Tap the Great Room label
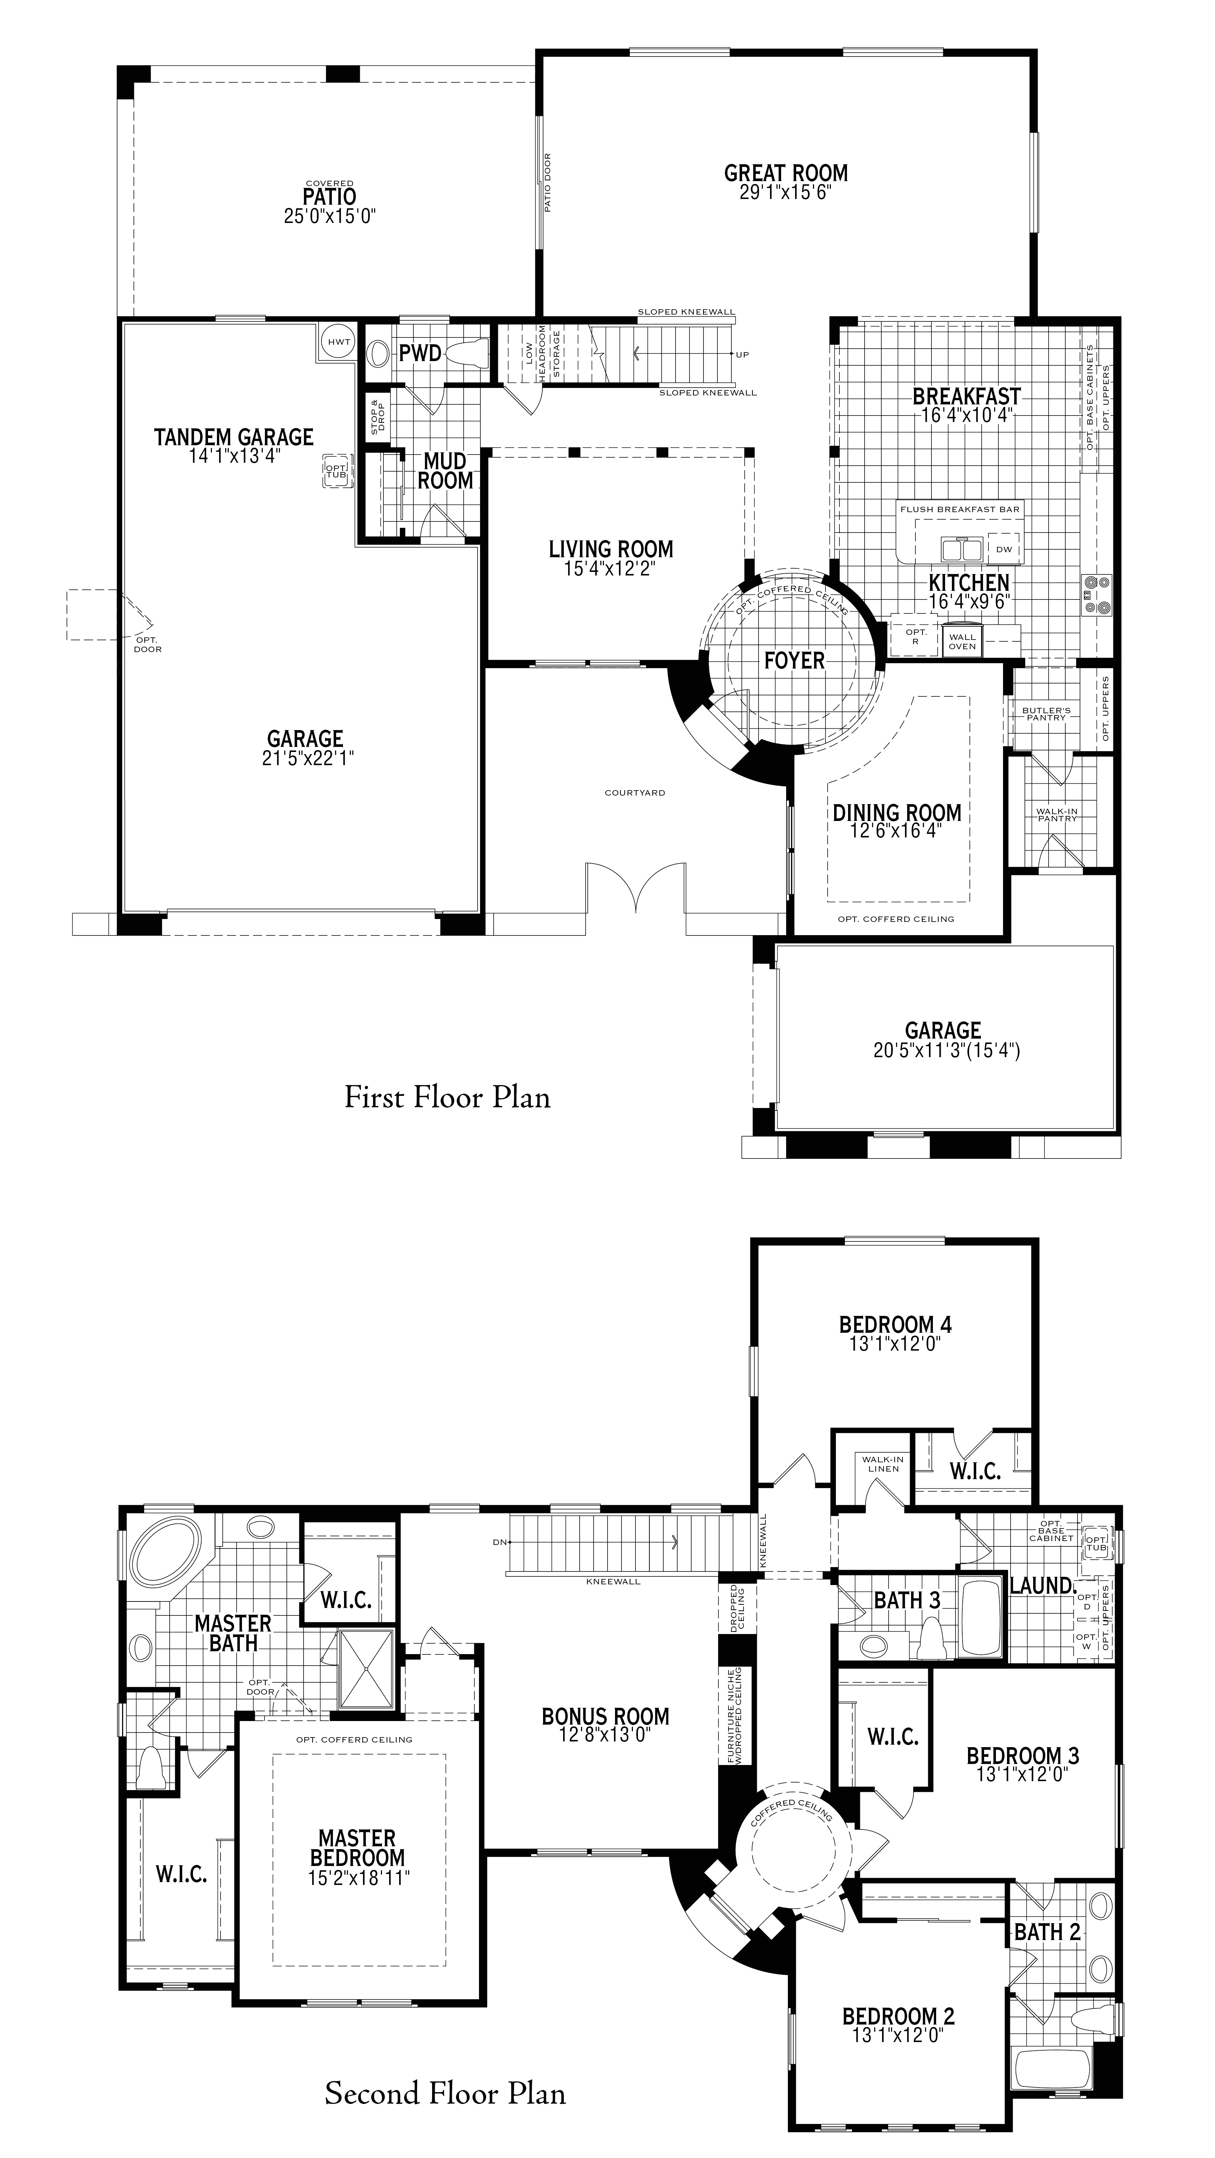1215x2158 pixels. [x=786, y=174]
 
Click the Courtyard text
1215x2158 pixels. [x=635, y=792]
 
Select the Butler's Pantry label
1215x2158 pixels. [x=1046, y=714]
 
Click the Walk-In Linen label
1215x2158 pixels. [x=883, y=1463]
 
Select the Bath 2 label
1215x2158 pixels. [x=1047, y=1908]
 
